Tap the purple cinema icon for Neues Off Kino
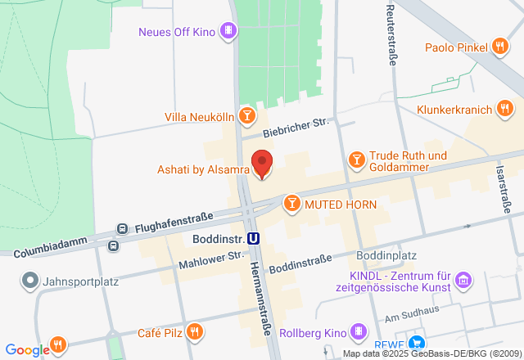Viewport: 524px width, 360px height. (x=229, y=32)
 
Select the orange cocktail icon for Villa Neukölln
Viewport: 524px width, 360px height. (x=246, y=116)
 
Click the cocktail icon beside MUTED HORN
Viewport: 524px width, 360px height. (x=291, y=203)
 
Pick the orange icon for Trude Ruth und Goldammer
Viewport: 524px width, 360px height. (x=356, y=157)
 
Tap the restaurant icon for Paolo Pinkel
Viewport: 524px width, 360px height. (x=501, y=46)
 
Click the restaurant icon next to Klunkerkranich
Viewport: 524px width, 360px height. (x=505, y=108)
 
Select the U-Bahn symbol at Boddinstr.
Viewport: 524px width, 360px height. (x=255, y=240)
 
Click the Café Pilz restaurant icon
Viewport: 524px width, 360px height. (x=195, y=331)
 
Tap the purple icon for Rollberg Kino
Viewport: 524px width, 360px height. (x=359, y=331)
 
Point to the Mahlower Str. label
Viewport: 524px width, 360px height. (x=212, y=258)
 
